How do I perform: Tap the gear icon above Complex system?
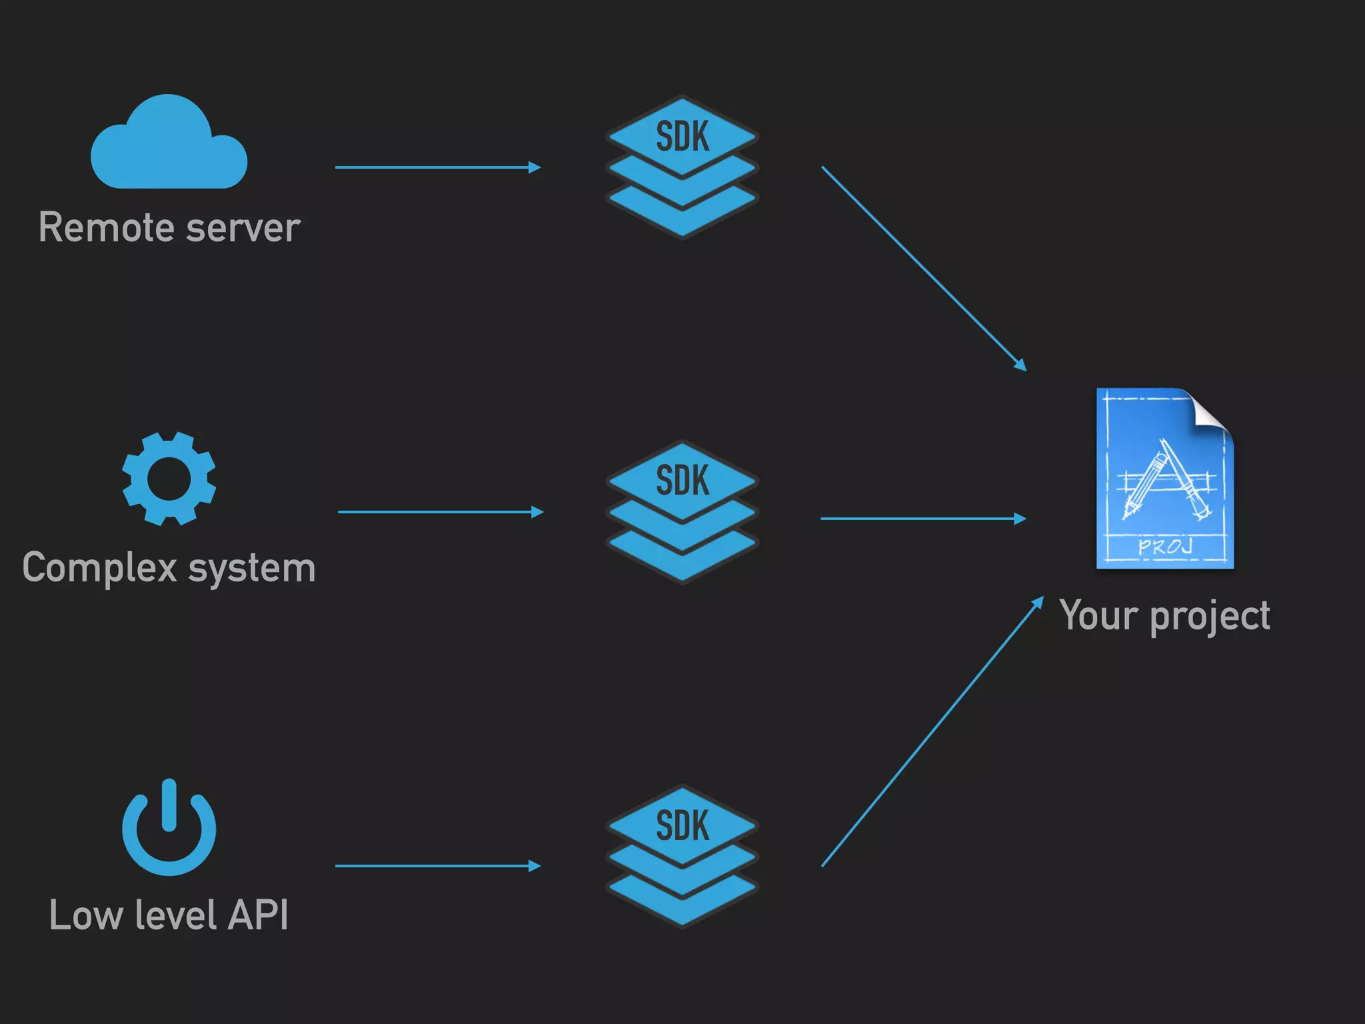[x=169, y=479]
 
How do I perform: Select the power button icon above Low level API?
[x=169, y=830]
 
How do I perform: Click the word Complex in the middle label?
[x=100, y=568]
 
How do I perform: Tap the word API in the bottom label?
[x=259, y=915]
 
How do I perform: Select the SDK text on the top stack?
[x=682, y=137]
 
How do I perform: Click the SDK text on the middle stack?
[x=682, y=480]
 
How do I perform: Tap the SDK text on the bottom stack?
[x=682, y=825]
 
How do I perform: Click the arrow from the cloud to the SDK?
[x=437, y=167]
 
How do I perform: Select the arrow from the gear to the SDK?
[x=440, y=512]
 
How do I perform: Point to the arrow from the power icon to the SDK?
[x=437, y=866]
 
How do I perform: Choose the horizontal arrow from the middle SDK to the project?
[x=923, y=518]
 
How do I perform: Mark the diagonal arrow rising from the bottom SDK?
[x=932, y=732]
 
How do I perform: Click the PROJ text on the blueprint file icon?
[x=1164, y=547]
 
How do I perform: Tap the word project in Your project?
[x=1210, y=616]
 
